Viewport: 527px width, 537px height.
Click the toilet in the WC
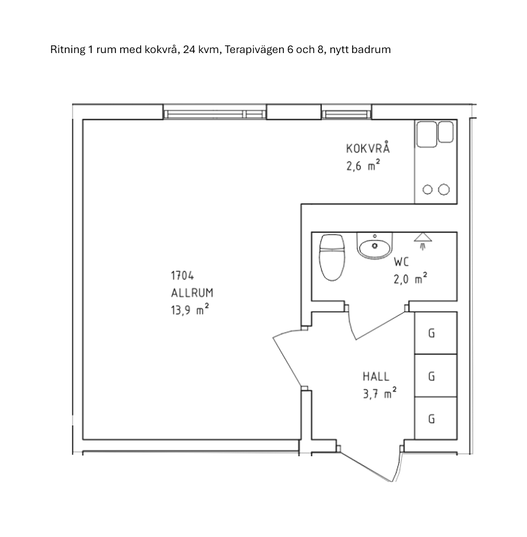pyautogui.click(x=332, y=257)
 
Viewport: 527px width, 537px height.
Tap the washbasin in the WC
pyautogui.click(x=374, y=246)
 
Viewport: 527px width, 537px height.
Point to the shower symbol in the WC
pyautogui.click(x=423, y=241)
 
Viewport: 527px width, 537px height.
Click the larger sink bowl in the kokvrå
pyautogui.click(x=426, y=134)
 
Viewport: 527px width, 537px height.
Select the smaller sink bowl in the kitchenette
pyautogui.click(x=446, y=131)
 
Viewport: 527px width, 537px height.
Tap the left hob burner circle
pyautogui.click(x=427, y=189)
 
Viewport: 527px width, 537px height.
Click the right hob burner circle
pyautogui.click(x=444, y=189)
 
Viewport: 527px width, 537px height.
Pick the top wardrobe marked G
pyautogui.click(x=436, y=332)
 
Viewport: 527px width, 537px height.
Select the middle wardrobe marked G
pyautogui.click(x=436, y=375)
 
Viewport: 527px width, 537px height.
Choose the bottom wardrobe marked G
pyautogui.click(x=436, y=418)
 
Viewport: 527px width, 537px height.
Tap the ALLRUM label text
pyautogui.click(x=192, y=293)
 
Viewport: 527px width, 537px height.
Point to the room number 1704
pyautogui.click(x=182, y=275)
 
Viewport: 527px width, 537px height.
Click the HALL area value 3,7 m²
pyautogui.click(x=380, y=394)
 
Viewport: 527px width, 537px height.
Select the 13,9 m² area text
pyautogui.click(x=190, y=309)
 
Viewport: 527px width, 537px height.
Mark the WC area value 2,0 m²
pyautogui.click(x=410, y=279)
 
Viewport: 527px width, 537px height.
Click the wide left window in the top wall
pyautogui.click(x=214, y=114)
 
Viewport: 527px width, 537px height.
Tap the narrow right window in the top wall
pyautogui.click(x=346, y=114)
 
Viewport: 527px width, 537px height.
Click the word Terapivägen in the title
pyautogui.click(x=254, y=50)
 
